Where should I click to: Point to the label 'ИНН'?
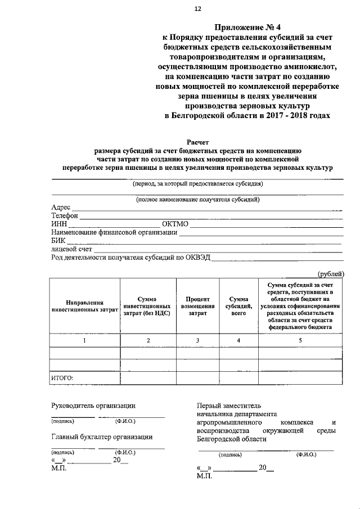coord(59,224)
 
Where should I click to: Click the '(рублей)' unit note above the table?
coord(330,273)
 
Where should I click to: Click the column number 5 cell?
coord(300,340)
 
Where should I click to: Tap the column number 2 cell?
coord(148,340)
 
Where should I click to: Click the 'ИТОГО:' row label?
coord(62,378)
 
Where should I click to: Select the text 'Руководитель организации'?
coord(93,405)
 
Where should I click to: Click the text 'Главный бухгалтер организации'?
coord(101,436)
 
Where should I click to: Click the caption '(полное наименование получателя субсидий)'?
coord(197,199)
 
